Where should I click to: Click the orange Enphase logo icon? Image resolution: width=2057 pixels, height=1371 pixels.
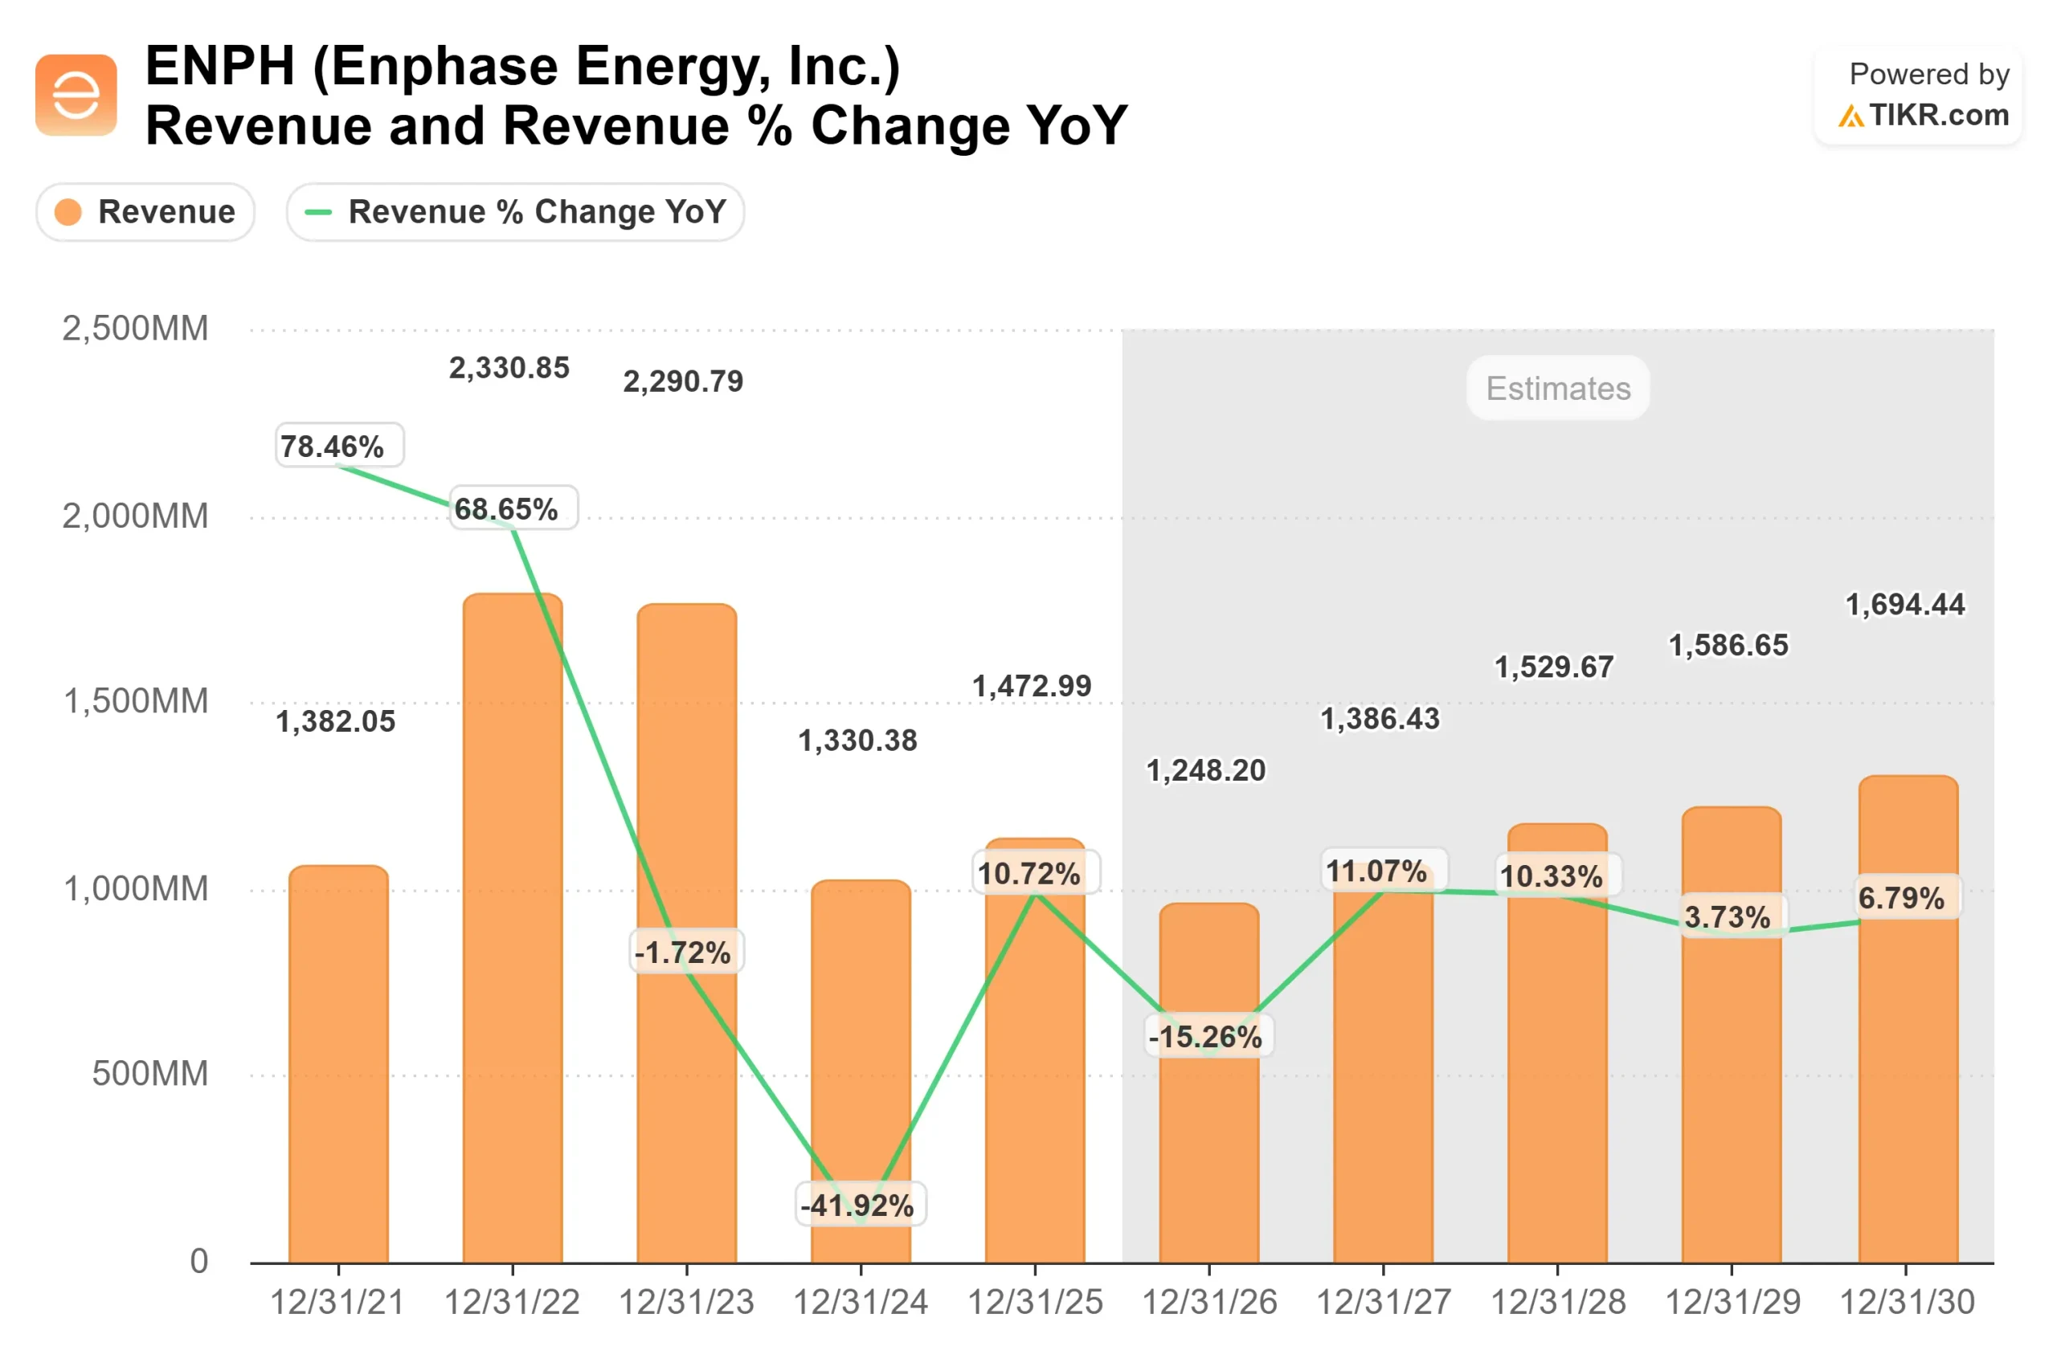click(x=76, y=95)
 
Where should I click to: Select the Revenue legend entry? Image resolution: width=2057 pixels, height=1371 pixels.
click(x=145, y=211)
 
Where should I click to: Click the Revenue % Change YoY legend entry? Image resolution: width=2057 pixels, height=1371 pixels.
click(x=515, y=211)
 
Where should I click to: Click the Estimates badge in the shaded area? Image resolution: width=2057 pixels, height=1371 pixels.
click(x=1558, y=387)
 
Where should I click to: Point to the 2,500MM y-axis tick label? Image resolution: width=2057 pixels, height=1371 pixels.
click(x=136, y=328)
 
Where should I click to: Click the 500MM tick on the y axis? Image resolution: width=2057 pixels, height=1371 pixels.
click(x=149, y=1074)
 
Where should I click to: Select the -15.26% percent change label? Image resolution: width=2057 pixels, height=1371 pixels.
click(x=1208, y=1037)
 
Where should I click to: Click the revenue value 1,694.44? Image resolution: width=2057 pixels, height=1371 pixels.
click(x=1905, y=604)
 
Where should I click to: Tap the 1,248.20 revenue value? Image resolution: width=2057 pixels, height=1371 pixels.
click(x=1206, y=770)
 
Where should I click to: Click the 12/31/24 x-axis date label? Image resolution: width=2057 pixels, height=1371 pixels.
click(x=861, y=1303)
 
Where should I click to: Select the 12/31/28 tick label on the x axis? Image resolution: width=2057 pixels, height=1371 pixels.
click(x=1558, y=1303)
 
